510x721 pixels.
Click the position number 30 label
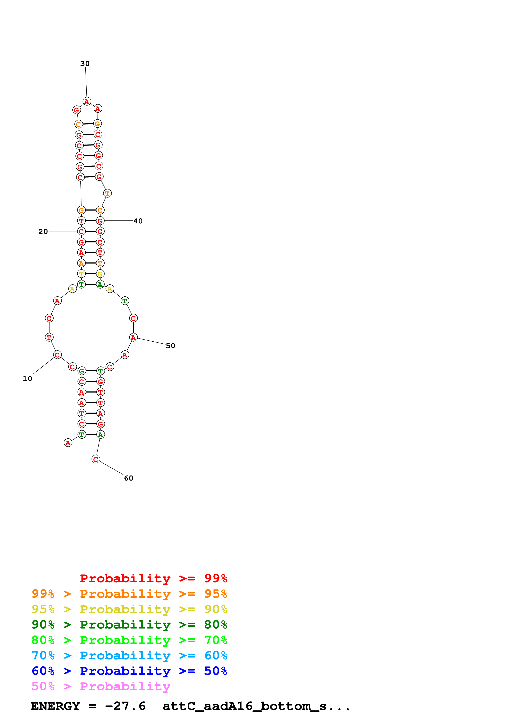[85, 64]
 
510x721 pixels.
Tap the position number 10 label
[27, 379]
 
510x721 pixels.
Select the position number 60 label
[129, 478]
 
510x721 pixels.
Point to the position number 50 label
[170, 346]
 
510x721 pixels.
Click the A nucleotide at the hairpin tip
[87, 102]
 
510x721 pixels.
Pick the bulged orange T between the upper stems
[107, 193]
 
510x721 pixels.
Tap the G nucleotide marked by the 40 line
[100, 221]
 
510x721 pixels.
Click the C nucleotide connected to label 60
[96, 459]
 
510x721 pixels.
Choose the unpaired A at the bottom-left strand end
[68, 443]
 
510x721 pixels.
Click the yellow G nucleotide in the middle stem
[100, 274]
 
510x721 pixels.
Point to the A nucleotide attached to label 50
[133, 337]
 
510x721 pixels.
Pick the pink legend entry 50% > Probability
[101, 686]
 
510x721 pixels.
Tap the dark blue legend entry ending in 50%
[129, 671]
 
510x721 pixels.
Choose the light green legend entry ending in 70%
[129, 640]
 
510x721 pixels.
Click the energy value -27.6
[125, 706]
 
